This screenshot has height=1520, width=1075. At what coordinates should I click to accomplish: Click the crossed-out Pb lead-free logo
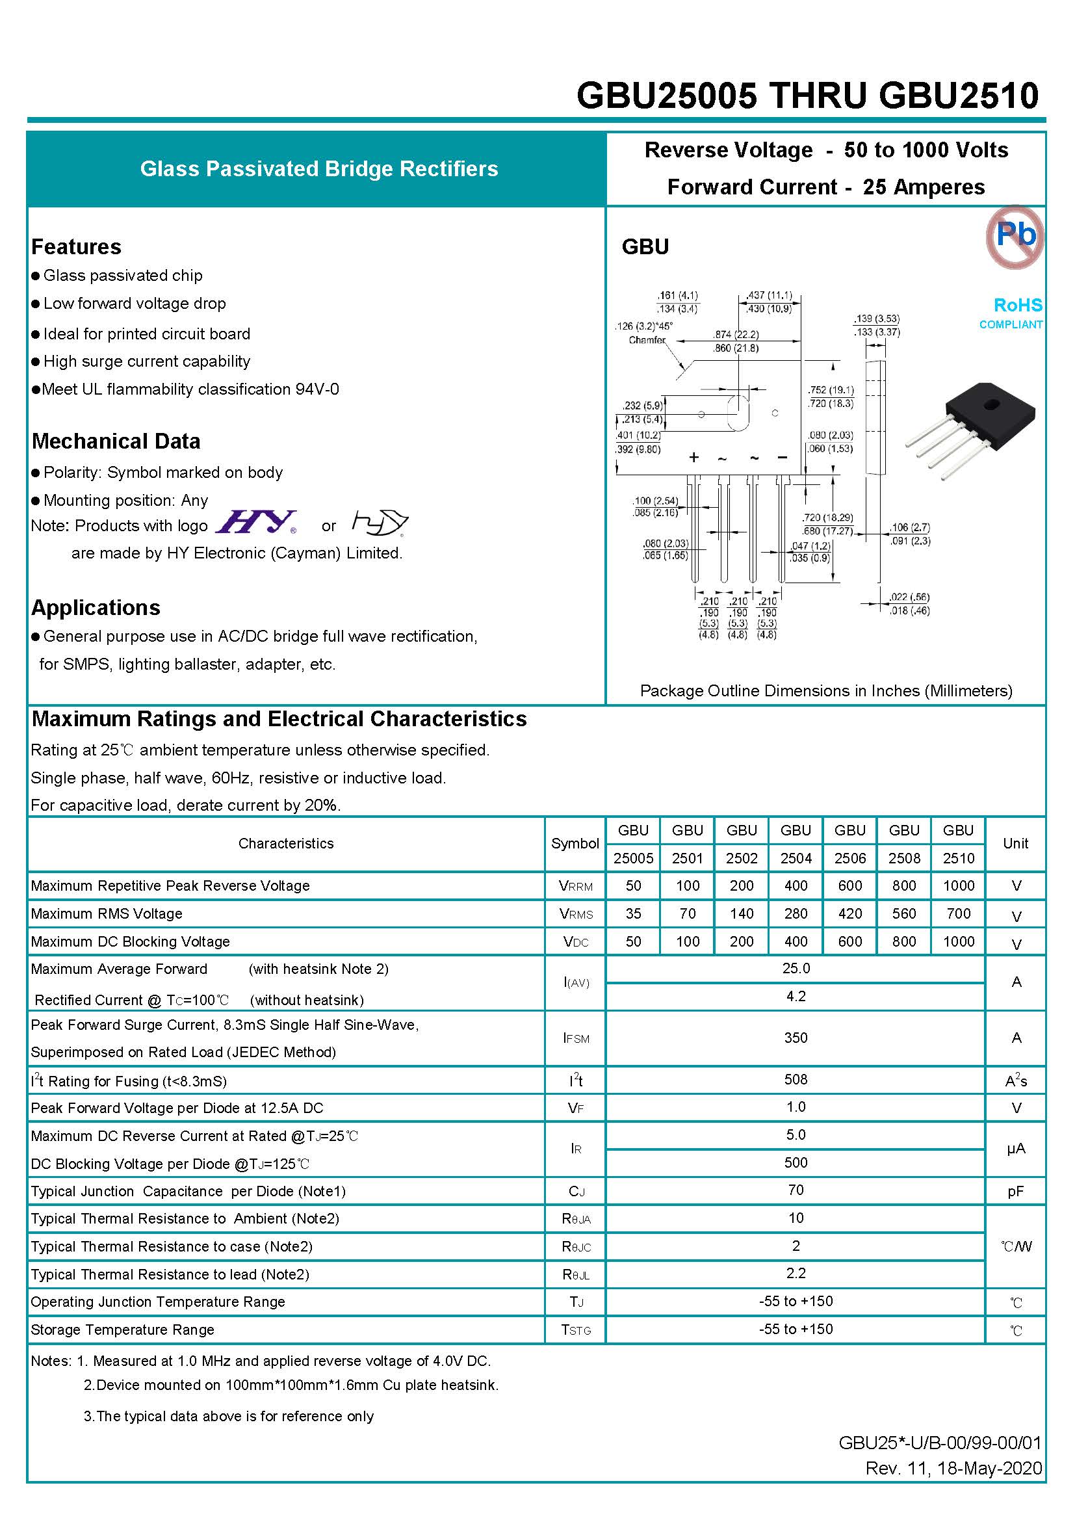click(1014, 237)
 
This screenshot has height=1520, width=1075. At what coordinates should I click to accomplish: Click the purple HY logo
click(257, 522)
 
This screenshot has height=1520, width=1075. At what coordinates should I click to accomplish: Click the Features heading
click(76, 246)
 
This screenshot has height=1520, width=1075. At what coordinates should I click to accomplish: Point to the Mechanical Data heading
click(116, 441)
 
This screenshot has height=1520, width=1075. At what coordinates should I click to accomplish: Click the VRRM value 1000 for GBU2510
click(958, 885)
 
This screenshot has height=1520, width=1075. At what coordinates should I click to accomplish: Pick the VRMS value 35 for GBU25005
click(633, 913)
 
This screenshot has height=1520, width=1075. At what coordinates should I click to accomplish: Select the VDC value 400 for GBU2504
click(795, 941)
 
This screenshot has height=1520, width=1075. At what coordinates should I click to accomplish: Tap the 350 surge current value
click(795, 1038)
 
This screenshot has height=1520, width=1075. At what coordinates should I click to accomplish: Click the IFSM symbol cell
click(575, 1038)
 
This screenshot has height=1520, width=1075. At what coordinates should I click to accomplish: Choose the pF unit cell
click(1015, 1192)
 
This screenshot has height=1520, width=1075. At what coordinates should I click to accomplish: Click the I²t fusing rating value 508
click(795, 1080)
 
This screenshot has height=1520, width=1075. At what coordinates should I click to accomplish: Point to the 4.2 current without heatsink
click(795, 997)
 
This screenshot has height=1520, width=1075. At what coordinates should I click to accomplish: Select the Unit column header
click(1015, 843)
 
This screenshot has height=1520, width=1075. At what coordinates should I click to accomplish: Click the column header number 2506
click(850, 858)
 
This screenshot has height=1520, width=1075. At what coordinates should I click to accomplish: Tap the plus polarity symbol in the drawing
click(693, 457)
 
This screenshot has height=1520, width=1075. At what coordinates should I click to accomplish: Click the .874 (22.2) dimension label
click(736, 335)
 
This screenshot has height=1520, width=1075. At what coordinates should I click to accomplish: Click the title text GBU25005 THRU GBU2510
click(807, 96)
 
